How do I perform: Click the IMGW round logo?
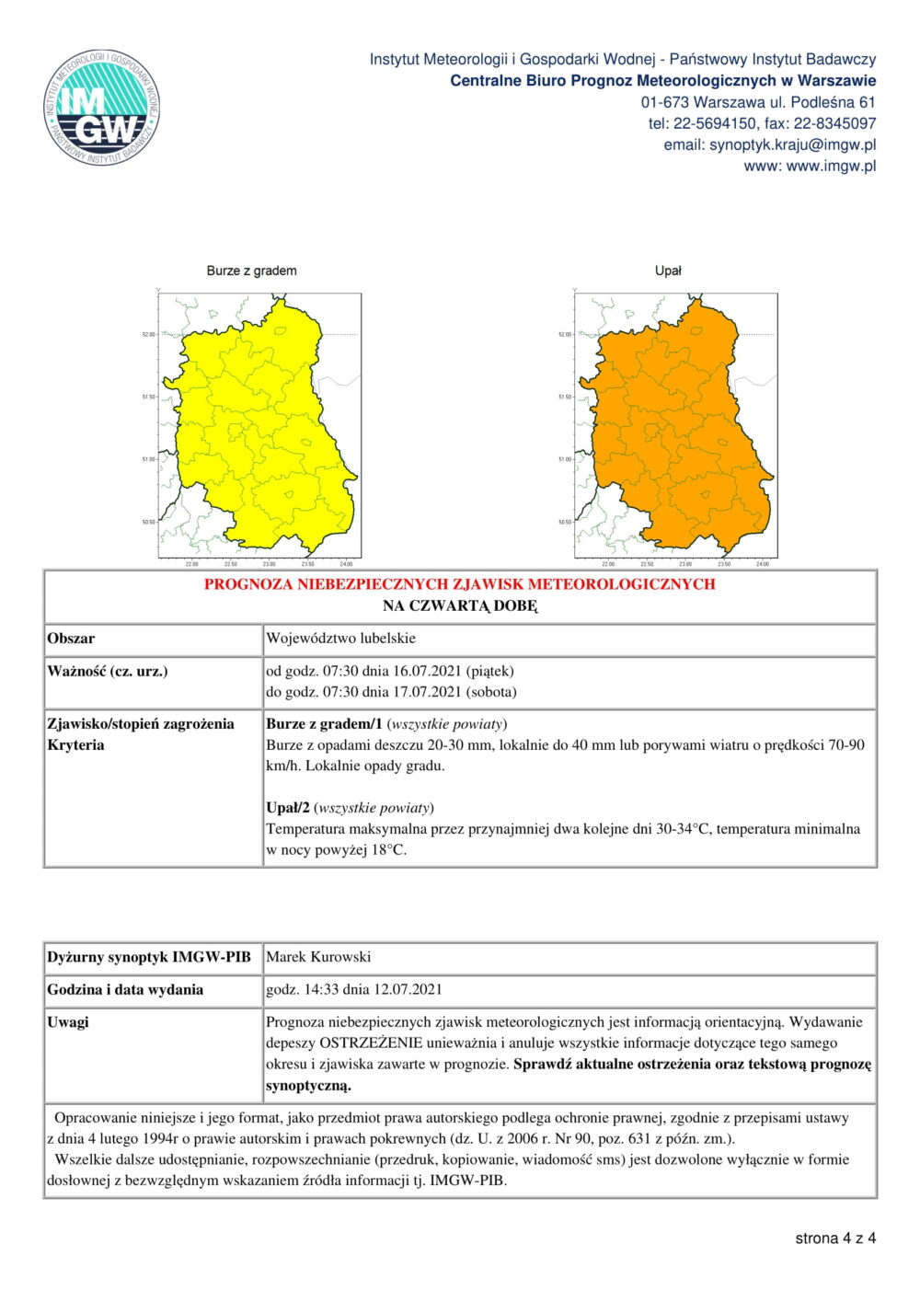[x=102, y=108]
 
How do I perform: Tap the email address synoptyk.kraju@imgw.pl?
[x=792, y=144]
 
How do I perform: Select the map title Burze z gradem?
[x=251, y=271]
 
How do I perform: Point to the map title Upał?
[x=668, y=271]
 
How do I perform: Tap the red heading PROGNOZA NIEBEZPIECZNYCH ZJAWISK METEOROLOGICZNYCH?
[x=459, y=584]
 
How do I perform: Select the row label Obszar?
[x=71, y=639]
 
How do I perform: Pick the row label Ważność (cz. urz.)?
[x=108, y=671]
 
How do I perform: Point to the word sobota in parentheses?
[x=492, y=692]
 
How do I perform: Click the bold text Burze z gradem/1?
[x=324, y=724]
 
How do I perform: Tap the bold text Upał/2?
[x=288, y=808]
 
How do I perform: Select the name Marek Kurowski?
[x=318, y=957]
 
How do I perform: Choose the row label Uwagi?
[x=68, y=1022]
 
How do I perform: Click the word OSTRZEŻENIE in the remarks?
[x=371, y=1043]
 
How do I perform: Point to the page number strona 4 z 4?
[x=835, y=1239]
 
